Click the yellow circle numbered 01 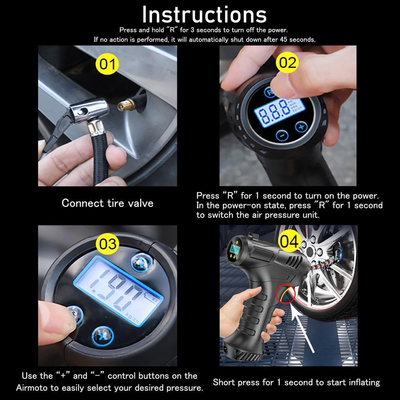coord(107,64)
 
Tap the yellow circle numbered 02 coord(288,62)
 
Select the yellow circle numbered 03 coord(107,244)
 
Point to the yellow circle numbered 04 coord(289,241)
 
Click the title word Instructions coord(204,15)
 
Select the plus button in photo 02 coord(301,126)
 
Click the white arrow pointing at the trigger coord(302,330)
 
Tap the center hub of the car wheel coord(310,251)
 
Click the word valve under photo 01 coord(140,203)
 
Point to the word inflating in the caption coord(364,382)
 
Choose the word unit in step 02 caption coord(311,215)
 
